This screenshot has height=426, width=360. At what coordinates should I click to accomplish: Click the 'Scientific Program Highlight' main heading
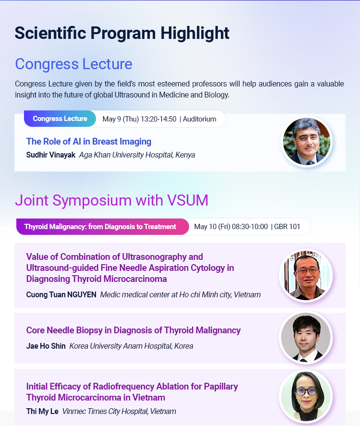click(122, 34)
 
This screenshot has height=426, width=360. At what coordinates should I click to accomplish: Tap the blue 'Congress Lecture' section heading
click(73, 64)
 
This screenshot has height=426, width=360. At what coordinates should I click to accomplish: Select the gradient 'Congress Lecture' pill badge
click(60, 119)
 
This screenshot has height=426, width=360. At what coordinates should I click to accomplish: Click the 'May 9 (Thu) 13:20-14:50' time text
click(139, 119)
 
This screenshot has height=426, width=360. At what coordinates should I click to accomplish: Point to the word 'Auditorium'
click(200, 119)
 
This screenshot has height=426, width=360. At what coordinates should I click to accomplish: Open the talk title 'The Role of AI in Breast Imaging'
click(89, 142)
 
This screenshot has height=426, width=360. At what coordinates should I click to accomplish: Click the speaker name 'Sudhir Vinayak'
click(51, 155)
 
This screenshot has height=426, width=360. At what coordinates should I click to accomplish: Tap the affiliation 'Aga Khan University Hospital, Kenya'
click(137, 155)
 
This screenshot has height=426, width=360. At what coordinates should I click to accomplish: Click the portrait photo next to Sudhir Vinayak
click(307, 142)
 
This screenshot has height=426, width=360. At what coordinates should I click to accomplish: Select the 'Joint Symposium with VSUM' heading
click(111, 200)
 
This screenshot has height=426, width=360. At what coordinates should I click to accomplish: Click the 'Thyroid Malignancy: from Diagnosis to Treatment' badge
click(102, 227)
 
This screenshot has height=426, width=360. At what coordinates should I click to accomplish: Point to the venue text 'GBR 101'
click(287, 227)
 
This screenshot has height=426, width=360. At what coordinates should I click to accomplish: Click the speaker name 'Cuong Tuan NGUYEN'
click(61, 295)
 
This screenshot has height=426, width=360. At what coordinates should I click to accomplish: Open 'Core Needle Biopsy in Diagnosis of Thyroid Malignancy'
click(133, 330)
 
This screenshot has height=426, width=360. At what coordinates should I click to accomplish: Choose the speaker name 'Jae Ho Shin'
click(46, 346)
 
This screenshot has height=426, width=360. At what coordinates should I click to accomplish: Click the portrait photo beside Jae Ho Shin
click(306, 338)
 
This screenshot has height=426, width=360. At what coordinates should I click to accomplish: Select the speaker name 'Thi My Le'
click(42, 411)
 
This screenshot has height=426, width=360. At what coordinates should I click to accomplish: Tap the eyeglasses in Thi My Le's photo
click(306, 391)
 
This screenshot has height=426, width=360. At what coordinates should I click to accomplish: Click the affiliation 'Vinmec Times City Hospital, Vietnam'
click(119, 411)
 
